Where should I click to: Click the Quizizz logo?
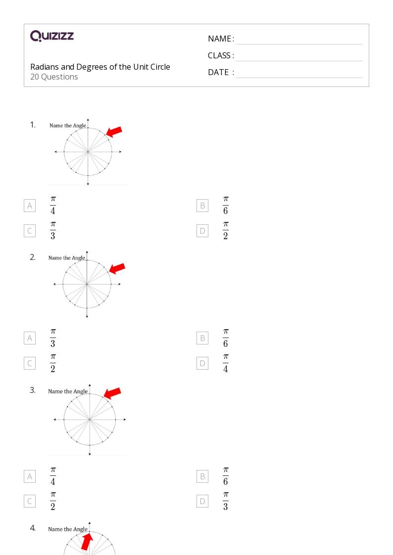click(x=52, y=36)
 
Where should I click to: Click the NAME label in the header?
click(x=220, y=39)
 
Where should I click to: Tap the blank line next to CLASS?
click(x=299, y=61)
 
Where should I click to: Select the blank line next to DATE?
click(x=299, y=78)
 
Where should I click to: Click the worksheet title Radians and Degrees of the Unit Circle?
click(x=100, y=67)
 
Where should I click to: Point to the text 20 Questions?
click(x=54, y=77)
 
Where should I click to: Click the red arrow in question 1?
click(x=114, y=131)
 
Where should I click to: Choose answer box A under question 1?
click(x=30, y=206)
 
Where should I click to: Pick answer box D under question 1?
click(x=202, y=231)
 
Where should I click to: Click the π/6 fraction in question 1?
click(x=226, y=205)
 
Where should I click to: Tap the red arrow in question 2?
click(x=117, y=268)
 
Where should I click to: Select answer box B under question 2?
click(x=202, y=338)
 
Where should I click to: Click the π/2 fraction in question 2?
click(x=53, y=363)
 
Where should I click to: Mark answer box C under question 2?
click(x=30, y=363)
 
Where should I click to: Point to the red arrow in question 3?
click(x=112, y=393)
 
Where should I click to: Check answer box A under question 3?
click(x=30, y=476)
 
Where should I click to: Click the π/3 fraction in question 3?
click(x=226, y=501)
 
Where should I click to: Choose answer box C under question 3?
click(x=30, y=501)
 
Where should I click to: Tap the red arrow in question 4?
click(x=87, y=542)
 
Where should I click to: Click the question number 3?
click(x=33, y=390)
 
